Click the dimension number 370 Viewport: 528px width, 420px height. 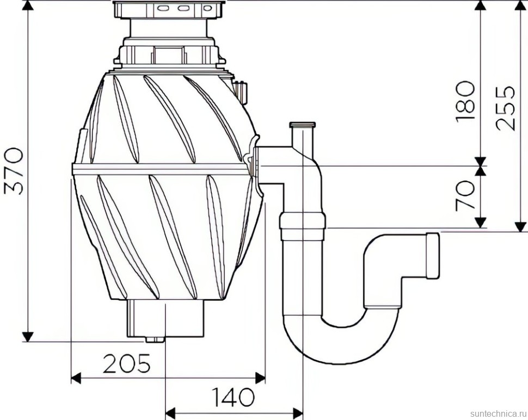click(x=14, y=170)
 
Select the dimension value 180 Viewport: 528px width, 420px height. click(x=466, y=101)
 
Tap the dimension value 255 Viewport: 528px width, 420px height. click(x=507, y=107)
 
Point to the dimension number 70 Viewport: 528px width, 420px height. click(x=466, y=195)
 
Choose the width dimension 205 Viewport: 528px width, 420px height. click(x=127, y=363)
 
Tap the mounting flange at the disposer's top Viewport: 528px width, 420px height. click(x=169, y=9)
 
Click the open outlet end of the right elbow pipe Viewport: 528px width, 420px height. click(x=433, y=256)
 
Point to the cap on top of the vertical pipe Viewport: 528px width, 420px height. click(x=303, y=126)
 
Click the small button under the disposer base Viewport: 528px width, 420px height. click(x=155, y=340)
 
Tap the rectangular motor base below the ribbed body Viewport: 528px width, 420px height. click(x=166, y=318)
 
